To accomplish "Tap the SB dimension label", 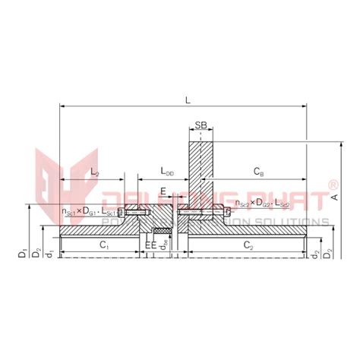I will pyautogui.click(x=201, y=125).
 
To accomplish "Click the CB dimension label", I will pyautogui.click(x=258, y=174).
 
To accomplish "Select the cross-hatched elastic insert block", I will pyautogui.click(x=161, y=229).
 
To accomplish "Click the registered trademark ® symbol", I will pyautogui.click(x=332, y=185).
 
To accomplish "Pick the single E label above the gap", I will pyautogui.click(x=162, y=191).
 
